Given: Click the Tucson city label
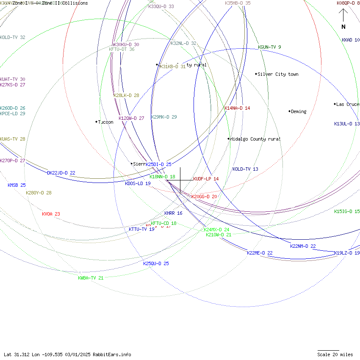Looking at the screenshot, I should click(105, 122).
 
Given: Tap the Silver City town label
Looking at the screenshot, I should click(278, 74).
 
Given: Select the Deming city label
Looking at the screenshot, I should click(299, 111).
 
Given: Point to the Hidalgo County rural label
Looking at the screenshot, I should click(255, 139).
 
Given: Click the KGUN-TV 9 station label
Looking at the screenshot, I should click(269, 47).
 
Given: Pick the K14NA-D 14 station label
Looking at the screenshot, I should click(237, 108).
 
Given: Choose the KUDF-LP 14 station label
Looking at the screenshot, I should click(206, 179).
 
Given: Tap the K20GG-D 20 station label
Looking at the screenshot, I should click(204, 197).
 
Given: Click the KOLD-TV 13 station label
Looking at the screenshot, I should click(245, 169).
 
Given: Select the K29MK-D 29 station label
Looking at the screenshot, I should click(164, 117).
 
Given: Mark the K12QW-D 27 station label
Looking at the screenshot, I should click(131, 118).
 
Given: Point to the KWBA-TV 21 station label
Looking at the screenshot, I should click(91, 278).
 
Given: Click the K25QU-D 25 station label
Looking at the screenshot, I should click(156, 263).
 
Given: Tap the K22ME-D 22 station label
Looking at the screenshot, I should click(260, 253).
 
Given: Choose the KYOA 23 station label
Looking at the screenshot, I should click(51, 214).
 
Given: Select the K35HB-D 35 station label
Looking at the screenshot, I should click(238, 3).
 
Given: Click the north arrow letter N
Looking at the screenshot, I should click(343, 27).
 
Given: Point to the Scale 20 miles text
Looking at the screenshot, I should click(335, 354).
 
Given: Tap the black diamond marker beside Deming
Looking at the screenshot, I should click(290, 111).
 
